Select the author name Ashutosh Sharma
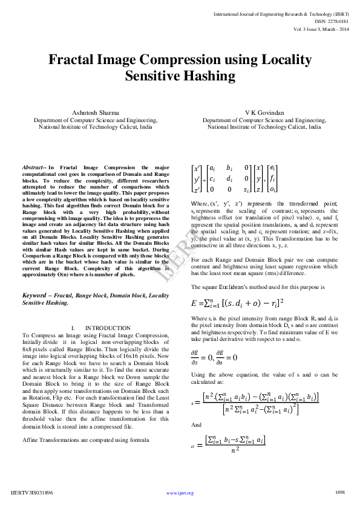(x=96, y=112)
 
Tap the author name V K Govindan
(x=264, y=112)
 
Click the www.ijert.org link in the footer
(x=180, y=493)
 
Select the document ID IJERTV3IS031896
(x=32, y=493)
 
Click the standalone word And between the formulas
(x=195, y=425)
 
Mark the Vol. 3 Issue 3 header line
(x=321, y=28)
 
